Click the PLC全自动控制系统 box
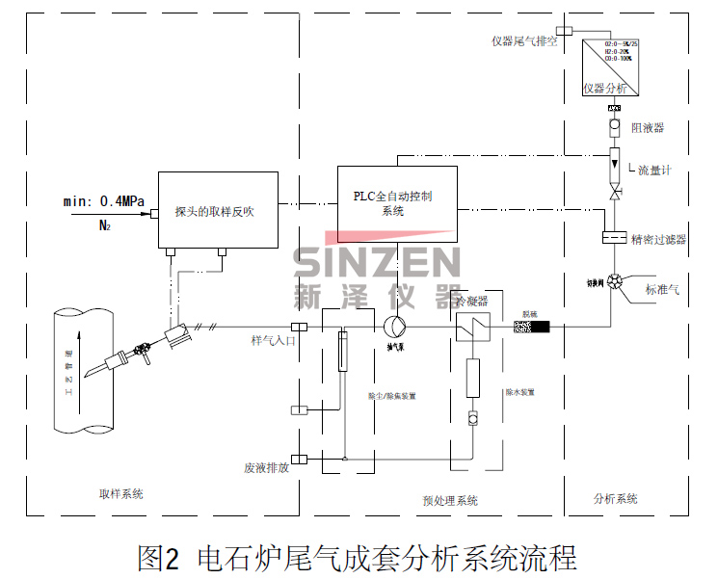[396, 202]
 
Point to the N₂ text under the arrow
[104, 226]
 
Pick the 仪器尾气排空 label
[523, 40]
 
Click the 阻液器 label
[647, 127]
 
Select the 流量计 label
[654, 170]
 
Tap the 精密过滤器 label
[658, 239]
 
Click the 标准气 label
[662, 288]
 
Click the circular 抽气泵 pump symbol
[394, 327]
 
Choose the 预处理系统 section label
[449, 501]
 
